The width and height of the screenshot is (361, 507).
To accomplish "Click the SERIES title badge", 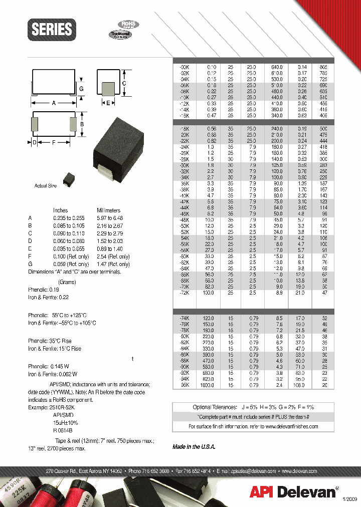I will [52, 30].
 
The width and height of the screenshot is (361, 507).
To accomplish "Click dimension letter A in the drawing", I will [54, 102].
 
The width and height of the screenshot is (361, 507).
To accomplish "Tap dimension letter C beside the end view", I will [124, 83].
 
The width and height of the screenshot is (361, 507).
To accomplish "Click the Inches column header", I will [60, 210].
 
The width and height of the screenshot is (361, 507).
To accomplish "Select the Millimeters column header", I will [108, 210].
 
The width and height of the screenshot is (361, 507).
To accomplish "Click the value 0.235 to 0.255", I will [69, 218].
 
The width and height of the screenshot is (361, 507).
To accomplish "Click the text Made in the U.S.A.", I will [194, 446].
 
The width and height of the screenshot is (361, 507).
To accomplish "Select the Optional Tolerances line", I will [253, 407].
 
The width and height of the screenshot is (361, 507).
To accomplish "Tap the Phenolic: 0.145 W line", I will [53, 366].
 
